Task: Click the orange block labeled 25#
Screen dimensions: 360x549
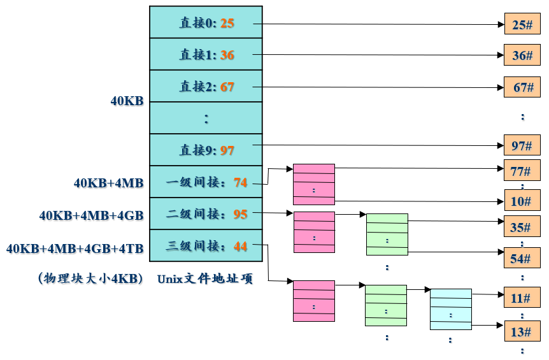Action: pyautogui.click(x=522, y=24)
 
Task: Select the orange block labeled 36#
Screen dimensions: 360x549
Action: pyautogui.click(x=522, y=55)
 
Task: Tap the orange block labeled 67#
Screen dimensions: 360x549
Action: pyautogui.click(x=522, y=87)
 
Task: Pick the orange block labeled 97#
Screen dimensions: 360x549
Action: pyautogui.click(x=522, y=145)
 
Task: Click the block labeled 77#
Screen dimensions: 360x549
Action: pyautogui.click(x=522, y=171)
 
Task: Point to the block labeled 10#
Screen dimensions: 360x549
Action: pyautogui.click(x=522, y=201)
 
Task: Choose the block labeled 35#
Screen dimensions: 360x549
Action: pyautogui.click(x=522, y=226)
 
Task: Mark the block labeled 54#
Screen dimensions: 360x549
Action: pyautogui.click(x=522, y=258)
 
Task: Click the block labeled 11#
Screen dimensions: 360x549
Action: pyautogui.click(x=522, y=298)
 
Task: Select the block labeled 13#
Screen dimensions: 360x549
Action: pyautogui.click(x=522, y=331)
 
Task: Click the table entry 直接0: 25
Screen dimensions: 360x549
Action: pyautogui.click(x=206, y=23)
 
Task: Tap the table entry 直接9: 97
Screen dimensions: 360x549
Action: pyautogui.click(x=206, y=150)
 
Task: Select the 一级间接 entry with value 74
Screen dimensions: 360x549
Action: pyautogui.click(x=206, y=182)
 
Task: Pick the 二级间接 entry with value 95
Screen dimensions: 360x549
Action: pyautogui.click(x=206, y=214)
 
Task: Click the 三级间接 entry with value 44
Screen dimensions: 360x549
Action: pyautogui.click(x=206, y=246)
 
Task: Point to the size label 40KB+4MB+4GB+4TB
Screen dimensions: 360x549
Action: pyautogui.click(x=75, y=248)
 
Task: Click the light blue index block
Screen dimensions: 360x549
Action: pyautogui.click(x=450, y=309)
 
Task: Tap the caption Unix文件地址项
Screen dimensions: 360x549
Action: pyautogui.click(x=205, y=278)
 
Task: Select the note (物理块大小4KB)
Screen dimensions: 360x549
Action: pyautogui.click(x=90, y=278)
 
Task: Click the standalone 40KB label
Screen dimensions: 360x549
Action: pyautogui.click(x=127, y=101)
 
